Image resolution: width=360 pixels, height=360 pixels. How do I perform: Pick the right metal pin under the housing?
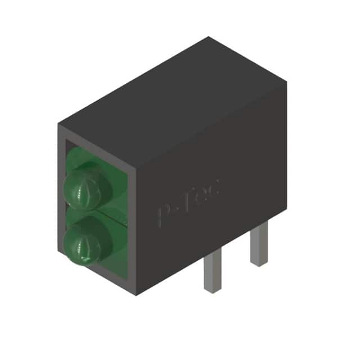click(x=259, y=242)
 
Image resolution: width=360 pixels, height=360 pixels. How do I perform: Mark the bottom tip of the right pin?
click(x=259, y=264)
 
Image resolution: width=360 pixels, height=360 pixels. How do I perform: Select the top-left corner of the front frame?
click(x=59, y=125)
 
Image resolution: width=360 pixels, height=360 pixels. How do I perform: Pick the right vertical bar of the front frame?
click(x=132, y=225)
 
